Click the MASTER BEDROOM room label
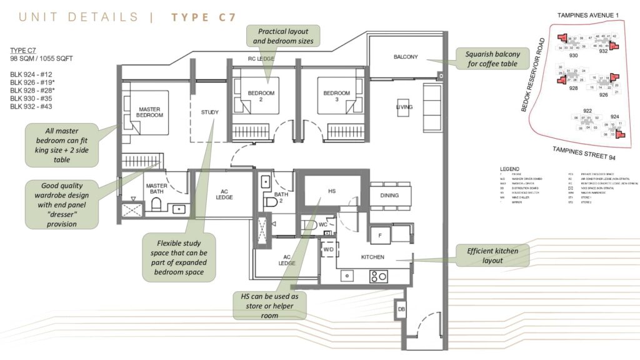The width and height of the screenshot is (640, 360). (x=149, y=112)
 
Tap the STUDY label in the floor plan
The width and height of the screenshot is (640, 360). (x=210, y=112)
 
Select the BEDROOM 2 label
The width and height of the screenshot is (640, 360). (x=261, y=97)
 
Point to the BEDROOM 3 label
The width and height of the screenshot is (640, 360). (x=337, y=97)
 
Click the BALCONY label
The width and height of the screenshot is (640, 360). (x=406, y=57)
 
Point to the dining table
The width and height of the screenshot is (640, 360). (x=390, y=196)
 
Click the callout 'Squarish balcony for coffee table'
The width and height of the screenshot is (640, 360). (x=492, y=59)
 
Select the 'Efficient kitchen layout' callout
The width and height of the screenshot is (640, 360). (x=492, y=255)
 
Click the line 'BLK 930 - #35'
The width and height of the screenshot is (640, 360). (x=33, y=98)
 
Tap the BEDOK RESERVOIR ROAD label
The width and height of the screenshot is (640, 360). (x=532, y=76)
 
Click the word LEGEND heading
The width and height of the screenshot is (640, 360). (x=511, y=169)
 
